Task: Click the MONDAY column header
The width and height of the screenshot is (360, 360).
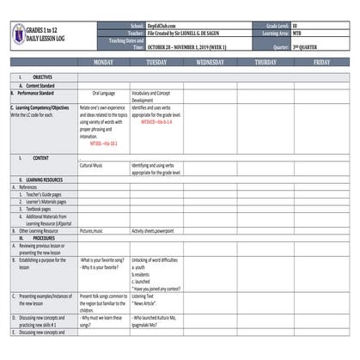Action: [x=103, y=63]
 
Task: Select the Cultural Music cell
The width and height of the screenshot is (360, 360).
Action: [x=92, y=164]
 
